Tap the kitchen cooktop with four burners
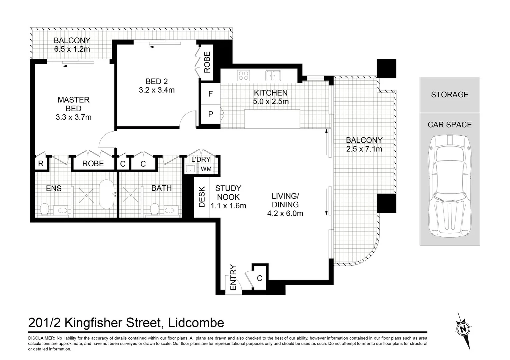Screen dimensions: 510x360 pos(243,76)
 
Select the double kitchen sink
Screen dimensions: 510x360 pos(273,76)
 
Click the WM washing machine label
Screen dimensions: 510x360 pos(206,169)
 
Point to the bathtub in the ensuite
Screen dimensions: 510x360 pos(107,195)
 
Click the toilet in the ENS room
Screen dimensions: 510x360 pos(44,209)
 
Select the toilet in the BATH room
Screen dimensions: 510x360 pos(155,209)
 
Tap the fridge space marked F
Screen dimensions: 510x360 pos(210,94)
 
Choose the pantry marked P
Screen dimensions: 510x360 pos(210,114)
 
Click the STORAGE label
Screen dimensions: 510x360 pos(450,94)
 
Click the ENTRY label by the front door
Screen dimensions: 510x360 pos(233,277)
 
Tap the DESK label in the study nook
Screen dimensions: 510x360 pos(202,197)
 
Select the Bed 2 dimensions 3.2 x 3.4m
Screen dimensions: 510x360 pos(157,90)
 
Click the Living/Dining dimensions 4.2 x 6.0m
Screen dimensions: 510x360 pos(285,213)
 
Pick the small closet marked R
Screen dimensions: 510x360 pos(41,163)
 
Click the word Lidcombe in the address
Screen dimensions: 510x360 pos(196,323)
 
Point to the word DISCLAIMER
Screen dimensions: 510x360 pos(41,338)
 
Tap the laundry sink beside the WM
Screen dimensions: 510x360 pos(190,169)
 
